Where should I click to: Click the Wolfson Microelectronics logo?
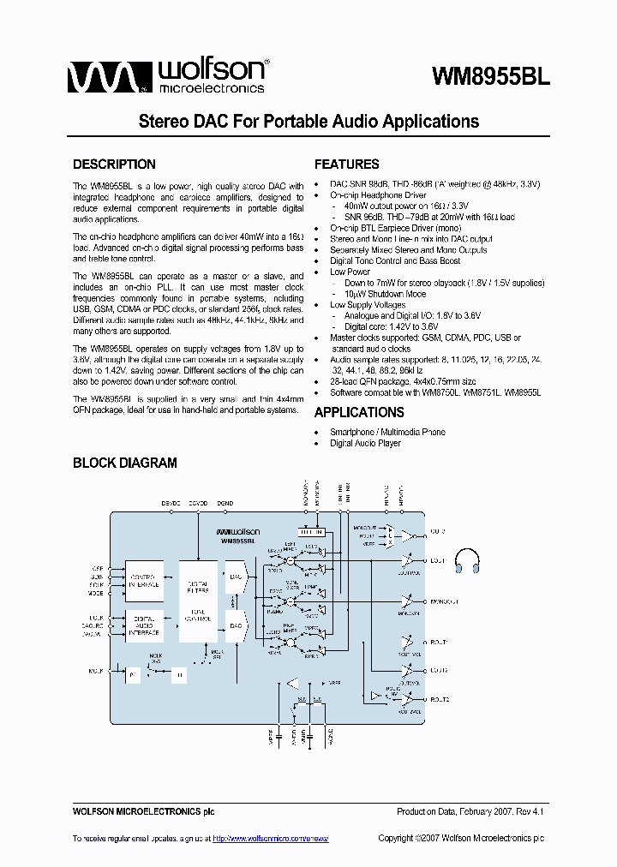click(x=168, y=75)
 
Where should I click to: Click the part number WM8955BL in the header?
click(x=490, y=76)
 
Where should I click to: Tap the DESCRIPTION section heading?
click(x=114, y=164)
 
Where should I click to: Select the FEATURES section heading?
click(x=346, y=164)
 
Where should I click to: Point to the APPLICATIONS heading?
click(x=359, y=412)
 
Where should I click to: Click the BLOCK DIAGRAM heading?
click(x=124, y=463)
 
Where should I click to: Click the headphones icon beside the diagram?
click(x=467, y=559)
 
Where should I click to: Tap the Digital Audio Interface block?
click(x=144, y=626)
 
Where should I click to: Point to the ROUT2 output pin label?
click(x=440, y=700)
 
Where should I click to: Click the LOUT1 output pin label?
click(x=439, y=560)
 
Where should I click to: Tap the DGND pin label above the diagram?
click(x=225, y=502)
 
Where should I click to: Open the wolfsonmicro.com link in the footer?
click(x=270, y=839)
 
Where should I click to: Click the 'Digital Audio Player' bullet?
click(x=365, y=443)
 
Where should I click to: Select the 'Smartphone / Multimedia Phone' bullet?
click(x=387, y=432)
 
